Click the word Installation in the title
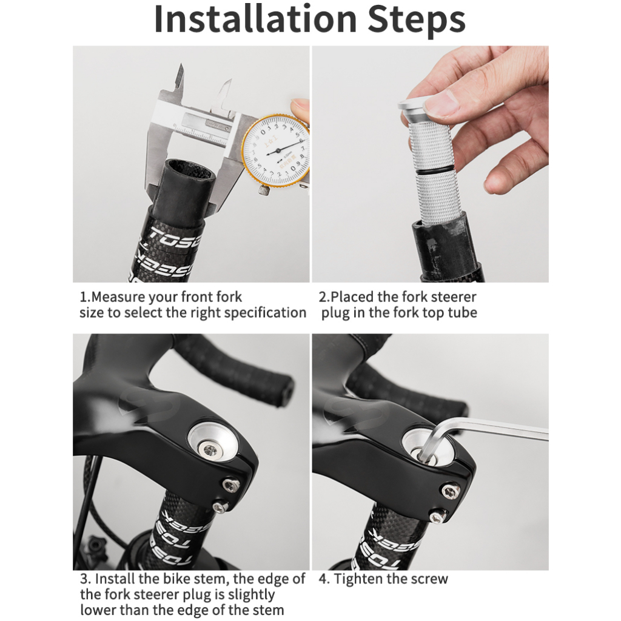[x=255, y=19]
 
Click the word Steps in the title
[x=416, y=21]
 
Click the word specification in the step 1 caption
[x=266, y=313]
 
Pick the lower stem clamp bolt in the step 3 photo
[x=220, y=506]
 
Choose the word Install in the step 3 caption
[x=114, y=579]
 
